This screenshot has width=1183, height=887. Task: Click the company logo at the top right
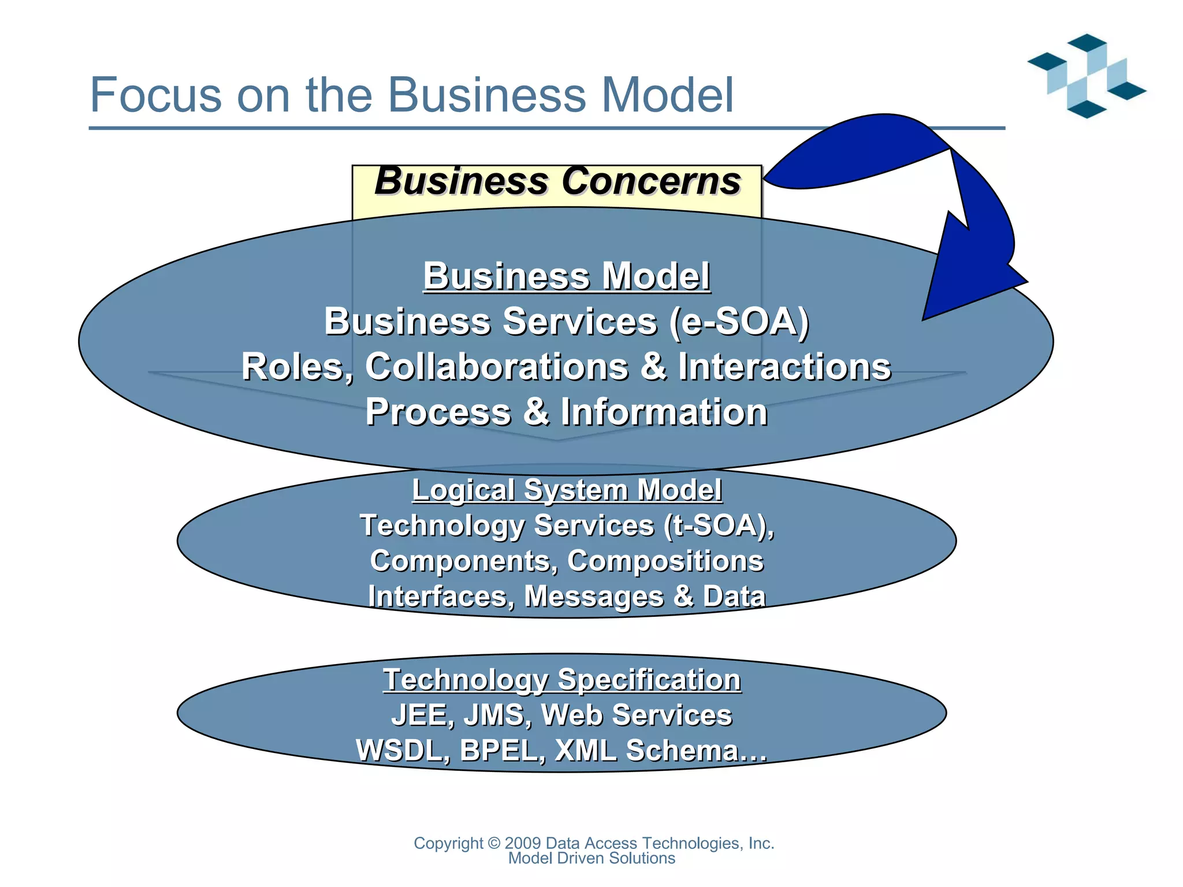click(1087, 76)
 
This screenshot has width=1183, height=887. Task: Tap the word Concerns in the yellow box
click(652, 181)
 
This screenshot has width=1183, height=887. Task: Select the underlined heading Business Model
click(566, 277)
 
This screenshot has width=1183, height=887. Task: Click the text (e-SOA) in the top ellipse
click(739, 322)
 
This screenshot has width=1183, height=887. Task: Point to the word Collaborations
click(497, 367)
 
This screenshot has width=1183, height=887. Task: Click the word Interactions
click(784, 367)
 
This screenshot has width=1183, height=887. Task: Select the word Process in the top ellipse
click(438, 412)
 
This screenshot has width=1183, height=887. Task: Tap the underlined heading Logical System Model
click(566, 490)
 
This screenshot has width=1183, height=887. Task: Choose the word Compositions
click(665, 561)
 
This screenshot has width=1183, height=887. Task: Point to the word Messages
click(594, 597)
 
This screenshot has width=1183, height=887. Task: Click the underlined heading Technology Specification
click(561, 680)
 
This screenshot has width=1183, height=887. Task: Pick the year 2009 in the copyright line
click(522, 844)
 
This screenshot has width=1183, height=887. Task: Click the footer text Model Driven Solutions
click(591, 859)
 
